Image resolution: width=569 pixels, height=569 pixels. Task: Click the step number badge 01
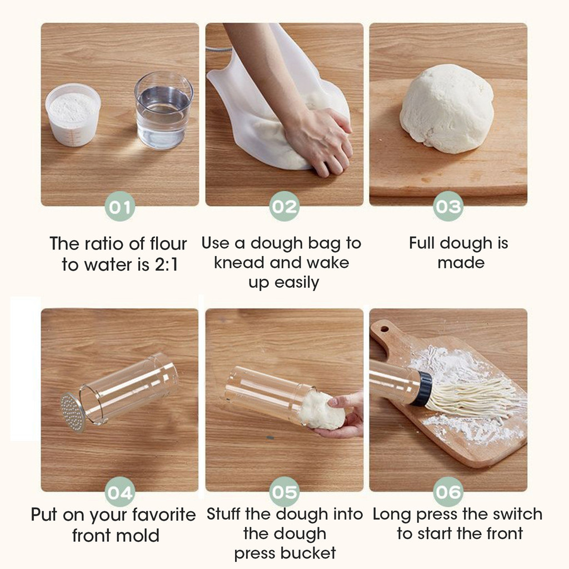pyautogui.click(x=120, y=207)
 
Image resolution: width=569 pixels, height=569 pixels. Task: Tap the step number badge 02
pyautogui.click(x=284, y=207)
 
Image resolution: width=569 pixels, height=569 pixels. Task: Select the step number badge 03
pyautogui.click(x=448, y=207)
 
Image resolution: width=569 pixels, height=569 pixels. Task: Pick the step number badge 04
pyautogui.click(x=120, y=492)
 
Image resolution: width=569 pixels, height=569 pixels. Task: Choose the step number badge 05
pyautogui.click(x=284, y=492)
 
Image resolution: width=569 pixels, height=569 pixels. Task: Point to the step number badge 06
pyautogui.click(x=448, y=492)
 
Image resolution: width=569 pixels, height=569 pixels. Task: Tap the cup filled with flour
pyautogui.click(x=73, y=114)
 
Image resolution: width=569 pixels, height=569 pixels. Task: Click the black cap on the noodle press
pyautogui.click(x=422, y=389)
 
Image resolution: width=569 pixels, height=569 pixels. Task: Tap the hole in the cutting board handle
pyautogui.click(x=385, y=330)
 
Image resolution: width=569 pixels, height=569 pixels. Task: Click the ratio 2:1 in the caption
pyautogui.click(x=167, y=264)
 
